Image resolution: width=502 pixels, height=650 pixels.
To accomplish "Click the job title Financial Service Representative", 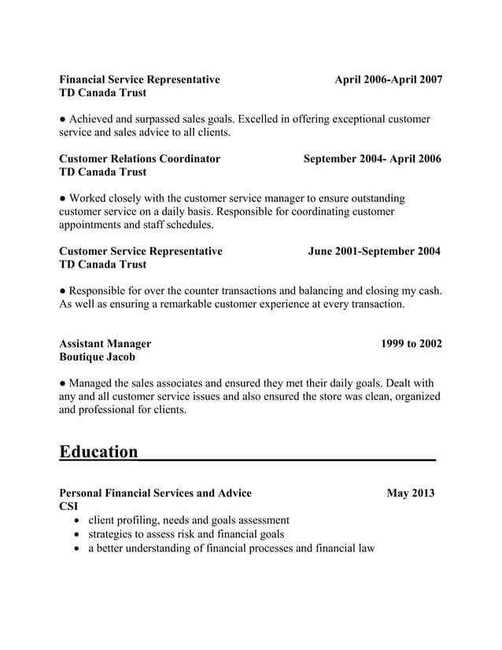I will (x=139, y=79).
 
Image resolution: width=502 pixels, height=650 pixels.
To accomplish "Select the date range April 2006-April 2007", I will (x=388, y=79).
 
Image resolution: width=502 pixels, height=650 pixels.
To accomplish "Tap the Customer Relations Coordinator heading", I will (x=139, y=158).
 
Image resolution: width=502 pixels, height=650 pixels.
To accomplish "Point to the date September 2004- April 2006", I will (x=372, y=158).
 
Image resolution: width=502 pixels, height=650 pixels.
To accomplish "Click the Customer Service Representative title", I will (x=141, y=251).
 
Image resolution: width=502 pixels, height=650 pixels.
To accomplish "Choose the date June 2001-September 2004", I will (x=374, y=251).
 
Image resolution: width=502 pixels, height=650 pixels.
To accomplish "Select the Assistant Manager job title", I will (x=105, y=343).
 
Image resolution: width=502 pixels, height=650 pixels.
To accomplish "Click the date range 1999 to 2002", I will (x=411, y=343).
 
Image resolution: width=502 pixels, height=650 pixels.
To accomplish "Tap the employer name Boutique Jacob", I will (x=97, y=356).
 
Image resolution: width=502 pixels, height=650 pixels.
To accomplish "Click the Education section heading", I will (x=98, y=452).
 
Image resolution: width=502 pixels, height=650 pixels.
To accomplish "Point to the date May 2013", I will (x=410, y=493).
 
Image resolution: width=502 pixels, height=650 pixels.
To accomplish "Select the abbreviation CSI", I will (x=69, y=506).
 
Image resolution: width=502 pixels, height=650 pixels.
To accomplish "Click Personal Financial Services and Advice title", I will (x=155, y=493).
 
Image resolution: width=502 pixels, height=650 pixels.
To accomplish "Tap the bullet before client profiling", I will (x=76, y=521).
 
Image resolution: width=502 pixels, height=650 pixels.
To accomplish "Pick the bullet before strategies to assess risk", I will (x=76, y=535).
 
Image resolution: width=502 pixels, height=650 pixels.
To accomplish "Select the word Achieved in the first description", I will (x=94, y=119).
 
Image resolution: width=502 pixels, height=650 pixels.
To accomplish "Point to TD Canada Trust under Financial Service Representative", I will (x=102, y=93).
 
